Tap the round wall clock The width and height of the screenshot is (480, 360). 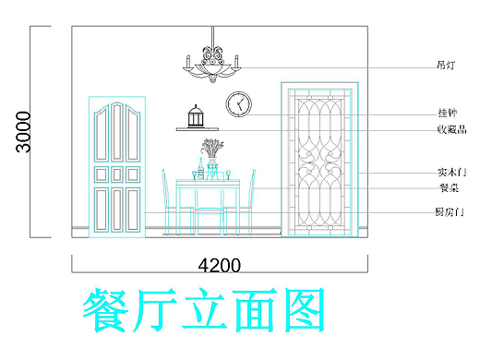click(x=239, y=103)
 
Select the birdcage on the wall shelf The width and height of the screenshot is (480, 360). click(x=195, y=116)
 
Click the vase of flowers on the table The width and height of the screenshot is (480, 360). click(x=212, y=157)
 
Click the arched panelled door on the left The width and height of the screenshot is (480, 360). click(x=117, y=166)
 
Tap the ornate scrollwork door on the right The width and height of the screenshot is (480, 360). click(x=319, y=159)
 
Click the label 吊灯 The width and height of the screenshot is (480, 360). click(x=446, y=66)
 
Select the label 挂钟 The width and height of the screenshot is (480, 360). click(x=446, y=113)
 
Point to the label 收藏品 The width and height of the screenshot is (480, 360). click(x=450, y=129)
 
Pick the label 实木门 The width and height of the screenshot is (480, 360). click(x=450, y=172)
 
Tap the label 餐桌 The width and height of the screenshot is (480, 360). click(x=448, y=187)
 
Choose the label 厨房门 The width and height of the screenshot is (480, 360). click(x=450, y=212)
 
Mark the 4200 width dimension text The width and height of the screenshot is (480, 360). click(x=220, y=266)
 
